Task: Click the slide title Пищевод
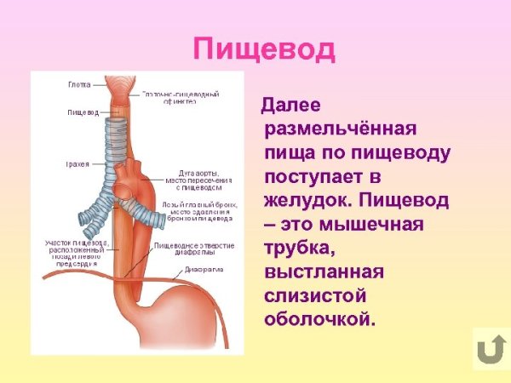264,49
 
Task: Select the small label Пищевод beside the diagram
83,112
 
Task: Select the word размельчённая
340,131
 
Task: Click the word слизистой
315,297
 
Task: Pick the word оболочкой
319,321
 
